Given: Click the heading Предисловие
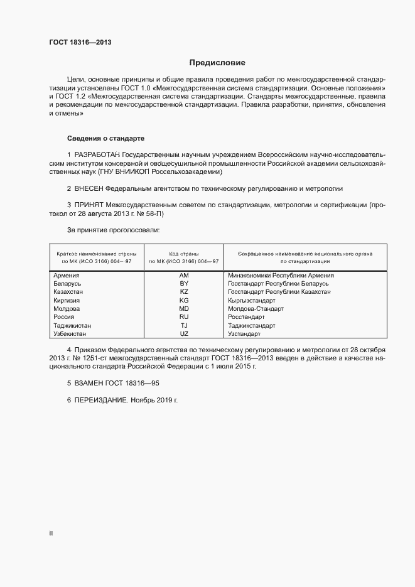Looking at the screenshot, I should coord(217,63).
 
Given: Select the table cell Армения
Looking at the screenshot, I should coord(66,275).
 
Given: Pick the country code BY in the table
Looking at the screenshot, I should coord(184,284).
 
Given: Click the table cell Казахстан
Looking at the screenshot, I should coord(68,292).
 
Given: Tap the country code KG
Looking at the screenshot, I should coord(184,301).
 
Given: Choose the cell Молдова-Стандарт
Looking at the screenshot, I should coord(256,309).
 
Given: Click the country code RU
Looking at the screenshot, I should coord(184,318).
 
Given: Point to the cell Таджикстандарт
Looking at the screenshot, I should coord(252,326).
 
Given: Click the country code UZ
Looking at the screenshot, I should coord(184,334).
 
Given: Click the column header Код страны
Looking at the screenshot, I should coord(184,254).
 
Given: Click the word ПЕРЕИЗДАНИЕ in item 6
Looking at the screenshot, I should coord(101,400).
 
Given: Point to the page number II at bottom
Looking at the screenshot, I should coord(51,534).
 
